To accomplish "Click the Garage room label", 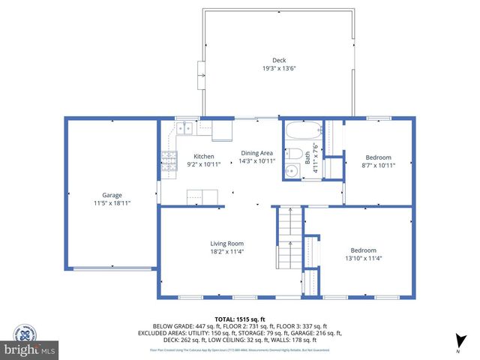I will pos(112,195).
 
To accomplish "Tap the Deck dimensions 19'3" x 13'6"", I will pos(279,68).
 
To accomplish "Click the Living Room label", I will pos(226,243).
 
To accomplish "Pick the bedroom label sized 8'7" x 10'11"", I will pos(377,157).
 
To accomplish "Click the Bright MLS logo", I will pos(30,349).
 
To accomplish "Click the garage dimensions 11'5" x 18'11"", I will pos(112,202).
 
